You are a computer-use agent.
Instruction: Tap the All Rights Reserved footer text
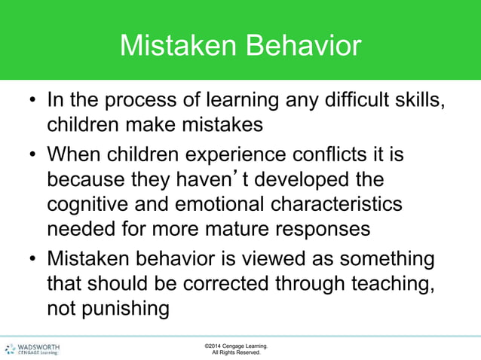point(235,353)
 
